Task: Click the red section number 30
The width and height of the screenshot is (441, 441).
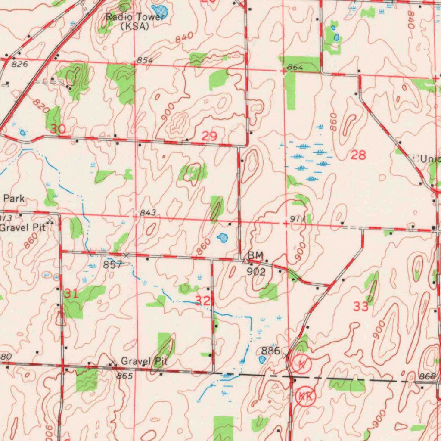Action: point(58,129)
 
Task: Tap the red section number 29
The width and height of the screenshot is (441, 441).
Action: point(210,137)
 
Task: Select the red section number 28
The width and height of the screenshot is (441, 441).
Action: point(358,155)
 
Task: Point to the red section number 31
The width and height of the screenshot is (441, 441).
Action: point(71,294)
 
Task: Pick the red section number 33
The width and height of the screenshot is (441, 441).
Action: point(361,307)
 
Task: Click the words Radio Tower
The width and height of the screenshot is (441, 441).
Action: point(135,17)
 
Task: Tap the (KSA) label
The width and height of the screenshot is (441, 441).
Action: point(134,26)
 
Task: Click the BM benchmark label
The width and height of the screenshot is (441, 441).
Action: point(255,255)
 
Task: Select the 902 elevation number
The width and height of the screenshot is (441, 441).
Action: point(255,271)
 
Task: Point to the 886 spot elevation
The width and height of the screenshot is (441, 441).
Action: point(271,350)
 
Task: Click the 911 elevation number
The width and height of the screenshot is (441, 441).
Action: point(298,219)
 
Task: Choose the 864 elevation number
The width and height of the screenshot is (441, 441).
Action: point(295,68)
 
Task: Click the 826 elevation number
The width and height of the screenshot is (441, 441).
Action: point(20,64)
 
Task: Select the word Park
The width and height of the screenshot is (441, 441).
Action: point(14,199)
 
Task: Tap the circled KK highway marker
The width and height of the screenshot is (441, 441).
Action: point(305,395)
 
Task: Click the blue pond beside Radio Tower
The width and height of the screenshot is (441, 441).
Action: point(159,10)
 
